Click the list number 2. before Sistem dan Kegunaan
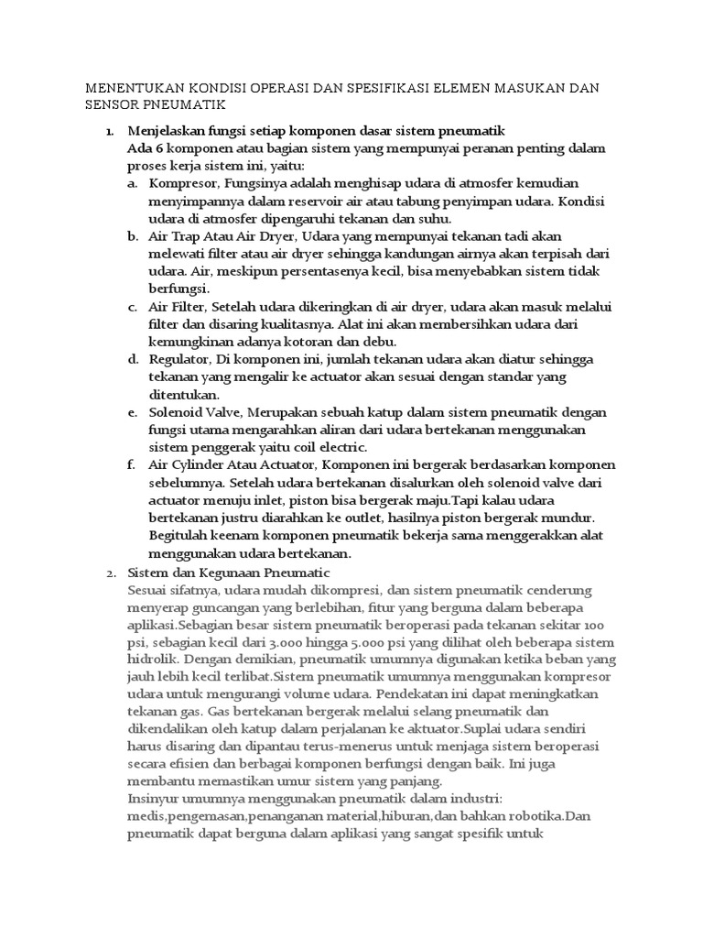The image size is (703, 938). click(110, 573)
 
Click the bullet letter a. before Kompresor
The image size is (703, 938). click(133, 183)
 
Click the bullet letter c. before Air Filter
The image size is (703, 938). click(133, 306)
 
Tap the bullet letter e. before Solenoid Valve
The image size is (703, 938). click(133, 412)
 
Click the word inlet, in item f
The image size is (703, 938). click(267, 500)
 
